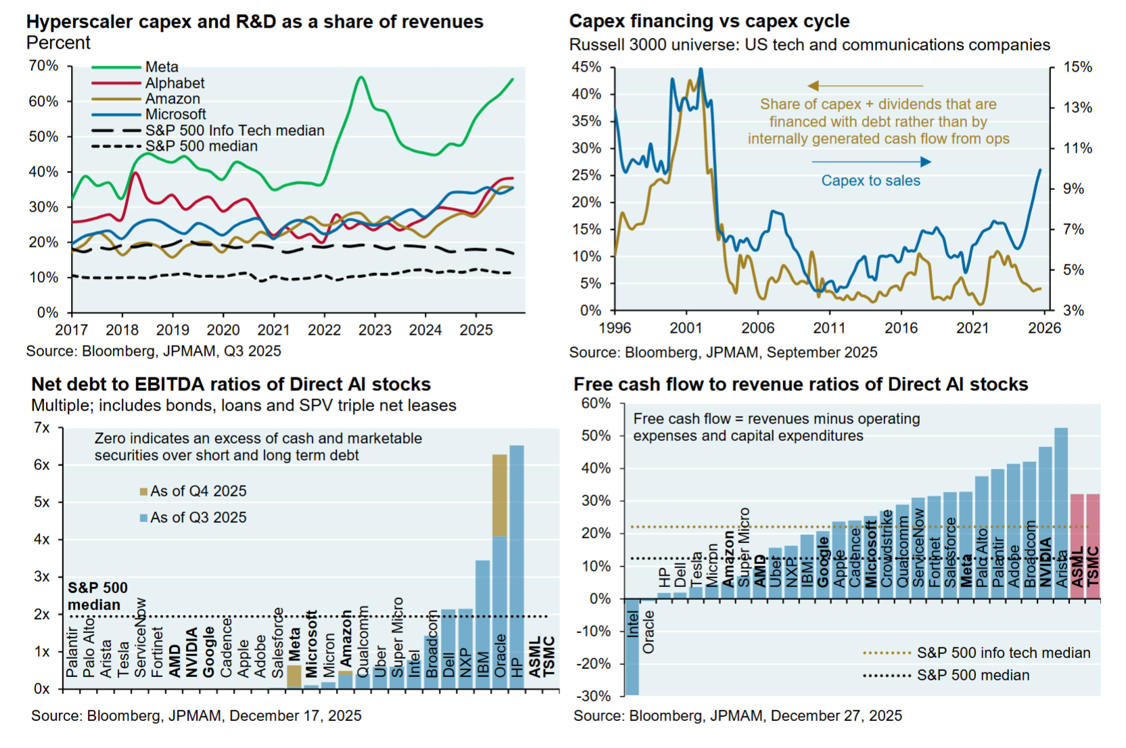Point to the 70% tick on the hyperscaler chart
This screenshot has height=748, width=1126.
tap(43, 66)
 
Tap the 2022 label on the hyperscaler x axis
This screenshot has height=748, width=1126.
tap(324, 330)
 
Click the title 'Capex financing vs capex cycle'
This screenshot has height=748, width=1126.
tap(709, 21)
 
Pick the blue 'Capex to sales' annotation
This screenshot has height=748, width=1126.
tap(870, 181)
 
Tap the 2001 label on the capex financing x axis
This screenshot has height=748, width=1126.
tap(686, 328)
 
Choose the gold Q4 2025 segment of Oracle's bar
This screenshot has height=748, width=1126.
tap(500, 495)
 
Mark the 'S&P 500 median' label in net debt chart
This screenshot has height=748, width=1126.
tap(97, 596)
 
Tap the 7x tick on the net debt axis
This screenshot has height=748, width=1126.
tap(41, 427)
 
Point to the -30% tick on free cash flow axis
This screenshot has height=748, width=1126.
tap(596, 696)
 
